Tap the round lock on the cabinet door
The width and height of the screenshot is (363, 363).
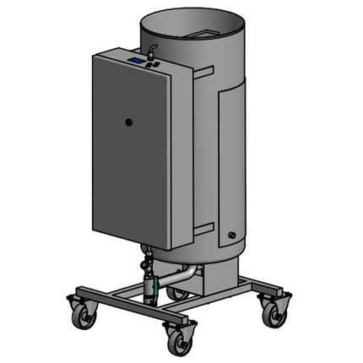128,122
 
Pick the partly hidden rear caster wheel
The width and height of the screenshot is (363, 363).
179,294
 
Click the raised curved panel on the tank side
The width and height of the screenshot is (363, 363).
230,152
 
